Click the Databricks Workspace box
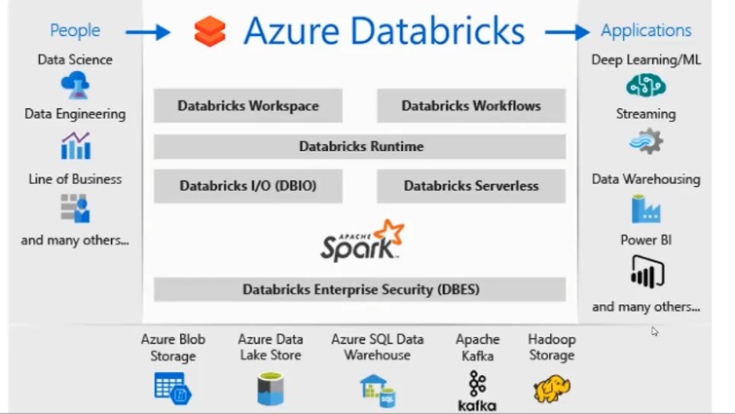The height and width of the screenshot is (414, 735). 248,106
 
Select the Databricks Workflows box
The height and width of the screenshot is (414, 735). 471,106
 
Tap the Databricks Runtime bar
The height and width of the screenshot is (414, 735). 360,146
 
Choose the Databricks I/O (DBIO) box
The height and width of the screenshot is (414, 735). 248,186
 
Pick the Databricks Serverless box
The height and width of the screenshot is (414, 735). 471,186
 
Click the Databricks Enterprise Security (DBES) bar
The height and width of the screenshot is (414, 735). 360,289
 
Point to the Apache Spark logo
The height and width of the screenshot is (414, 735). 362,241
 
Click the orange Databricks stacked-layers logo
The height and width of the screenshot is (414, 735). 209,32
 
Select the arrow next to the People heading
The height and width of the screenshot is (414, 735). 148,32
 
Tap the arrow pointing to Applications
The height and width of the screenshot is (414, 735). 567,32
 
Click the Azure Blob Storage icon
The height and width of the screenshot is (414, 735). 173,389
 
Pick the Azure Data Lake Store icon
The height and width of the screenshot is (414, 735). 270,389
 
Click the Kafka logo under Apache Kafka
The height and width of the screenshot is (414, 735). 477,391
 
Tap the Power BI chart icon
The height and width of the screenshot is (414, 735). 646,273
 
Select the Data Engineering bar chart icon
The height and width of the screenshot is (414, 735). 76,146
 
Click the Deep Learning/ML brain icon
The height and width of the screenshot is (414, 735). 645,87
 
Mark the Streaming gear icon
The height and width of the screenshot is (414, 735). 646,143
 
